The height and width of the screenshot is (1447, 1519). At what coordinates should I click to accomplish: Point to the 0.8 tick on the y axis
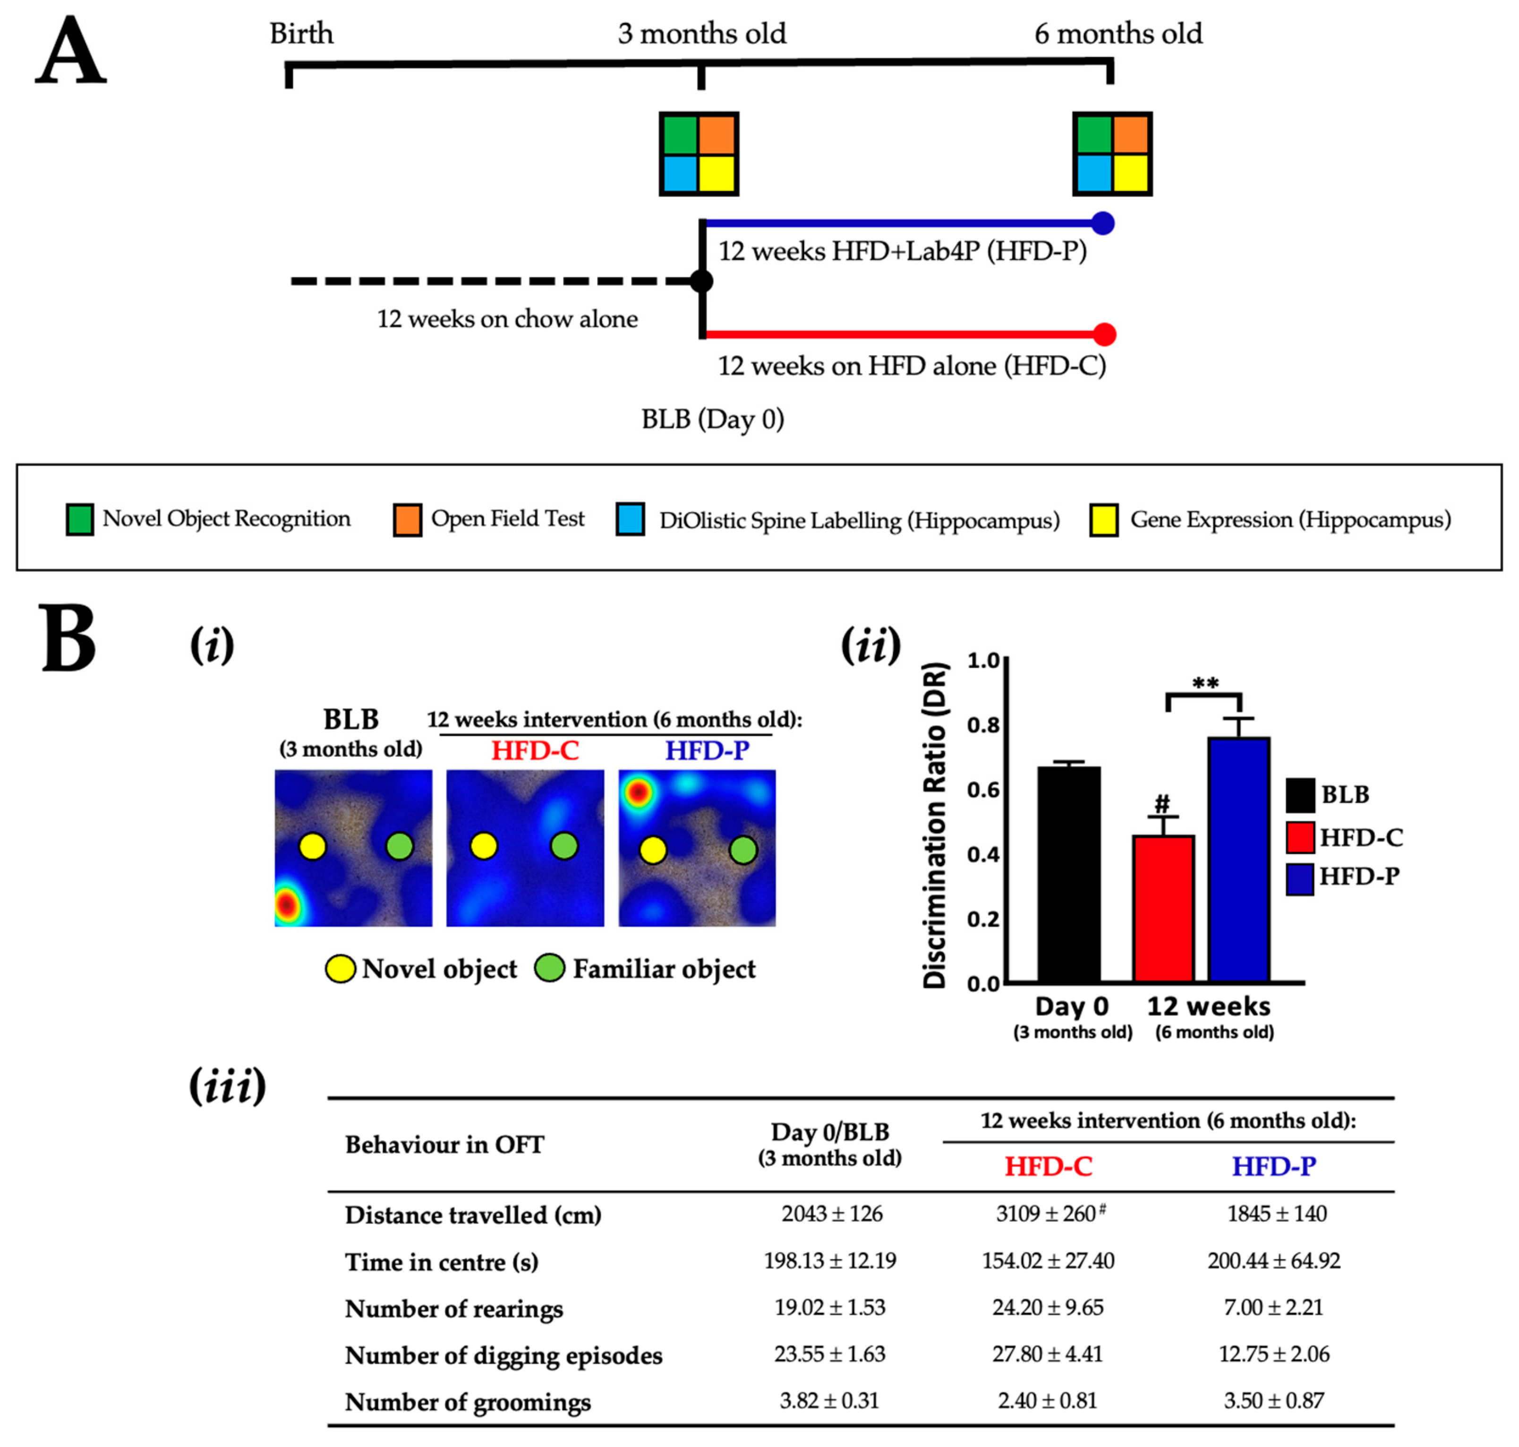(x=983, y=725)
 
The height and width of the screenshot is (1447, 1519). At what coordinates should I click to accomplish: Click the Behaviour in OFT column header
(x=444, y=1145)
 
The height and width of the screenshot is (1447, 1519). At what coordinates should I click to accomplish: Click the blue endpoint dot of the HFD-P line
(x=1103, y=224)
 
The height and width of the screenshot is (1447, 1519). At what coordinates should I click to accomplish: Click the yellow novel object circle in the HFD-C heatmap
(x=484, y=846)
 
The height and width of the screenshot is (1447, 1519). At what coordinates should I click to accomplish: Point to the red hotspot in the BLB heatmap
(x=286, y=904)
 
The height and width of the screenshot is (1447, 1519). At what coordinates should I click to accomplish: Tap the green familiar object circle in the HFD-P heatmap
(x=743, y=850)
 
